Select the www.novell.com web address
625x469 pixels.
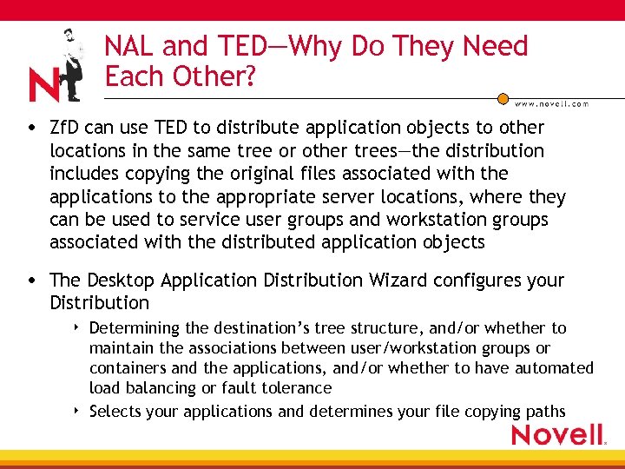(552, 103)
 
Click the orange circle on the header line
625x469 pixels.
(503, 99)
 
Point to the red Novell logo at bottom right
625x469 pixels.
(557, 434)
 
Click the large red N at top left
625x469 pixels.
(43, 85)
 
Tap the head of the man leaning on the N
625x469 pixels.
(69, 36)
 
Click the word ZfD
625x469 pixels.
(66, 128)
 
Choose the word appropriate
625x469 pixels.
(238, 197)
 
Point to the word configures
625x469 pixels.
(483, 281)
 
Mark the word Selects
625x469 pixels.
(115, 412)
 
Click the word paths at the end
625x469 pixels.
(544, 412)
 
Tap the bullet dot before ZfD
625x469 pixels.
(31, 129)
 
